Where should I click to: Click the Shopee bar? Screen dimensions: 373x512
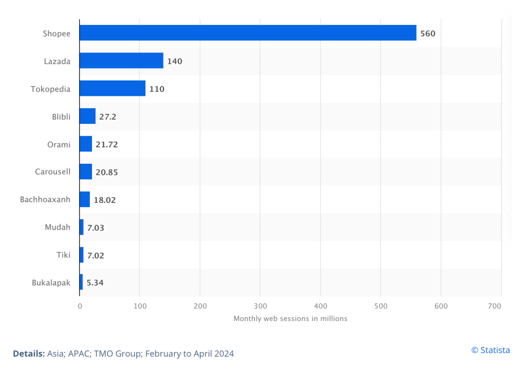247,33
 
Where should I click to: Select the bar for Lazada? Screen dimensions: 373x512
121,61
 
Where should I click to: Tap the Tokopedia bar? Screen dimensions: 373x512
112,89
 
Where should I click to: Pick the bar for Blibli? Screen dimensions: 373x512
87,116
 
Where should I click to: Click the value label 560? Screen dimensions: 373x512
428,33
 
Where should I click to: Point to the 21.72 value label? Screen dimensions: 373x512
106,144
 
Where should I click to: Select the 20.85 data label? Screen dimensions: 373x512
106,172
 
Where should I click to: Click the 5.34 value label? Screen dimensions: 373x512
95,283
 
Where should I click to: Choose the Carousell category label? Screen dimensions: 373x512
52,172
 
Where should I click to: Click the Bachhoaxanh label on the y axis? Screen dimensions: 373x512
45,200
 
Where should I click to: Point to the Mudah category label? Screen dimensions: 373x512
57,227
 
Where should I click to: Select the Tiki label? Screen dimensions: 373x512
63,255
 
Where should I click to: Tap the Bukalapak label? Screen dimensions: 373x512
51,283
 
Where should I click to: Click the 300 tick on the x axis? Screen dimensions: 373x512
260,306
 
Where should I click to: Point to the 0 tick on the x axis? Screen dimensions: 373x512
79,306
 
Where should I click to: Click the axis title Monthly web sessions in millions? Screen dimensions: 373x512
290,318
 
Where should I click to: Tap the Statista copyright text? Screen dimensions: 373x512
490,350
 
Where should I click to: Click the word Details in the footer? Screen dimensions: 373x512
28,354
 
